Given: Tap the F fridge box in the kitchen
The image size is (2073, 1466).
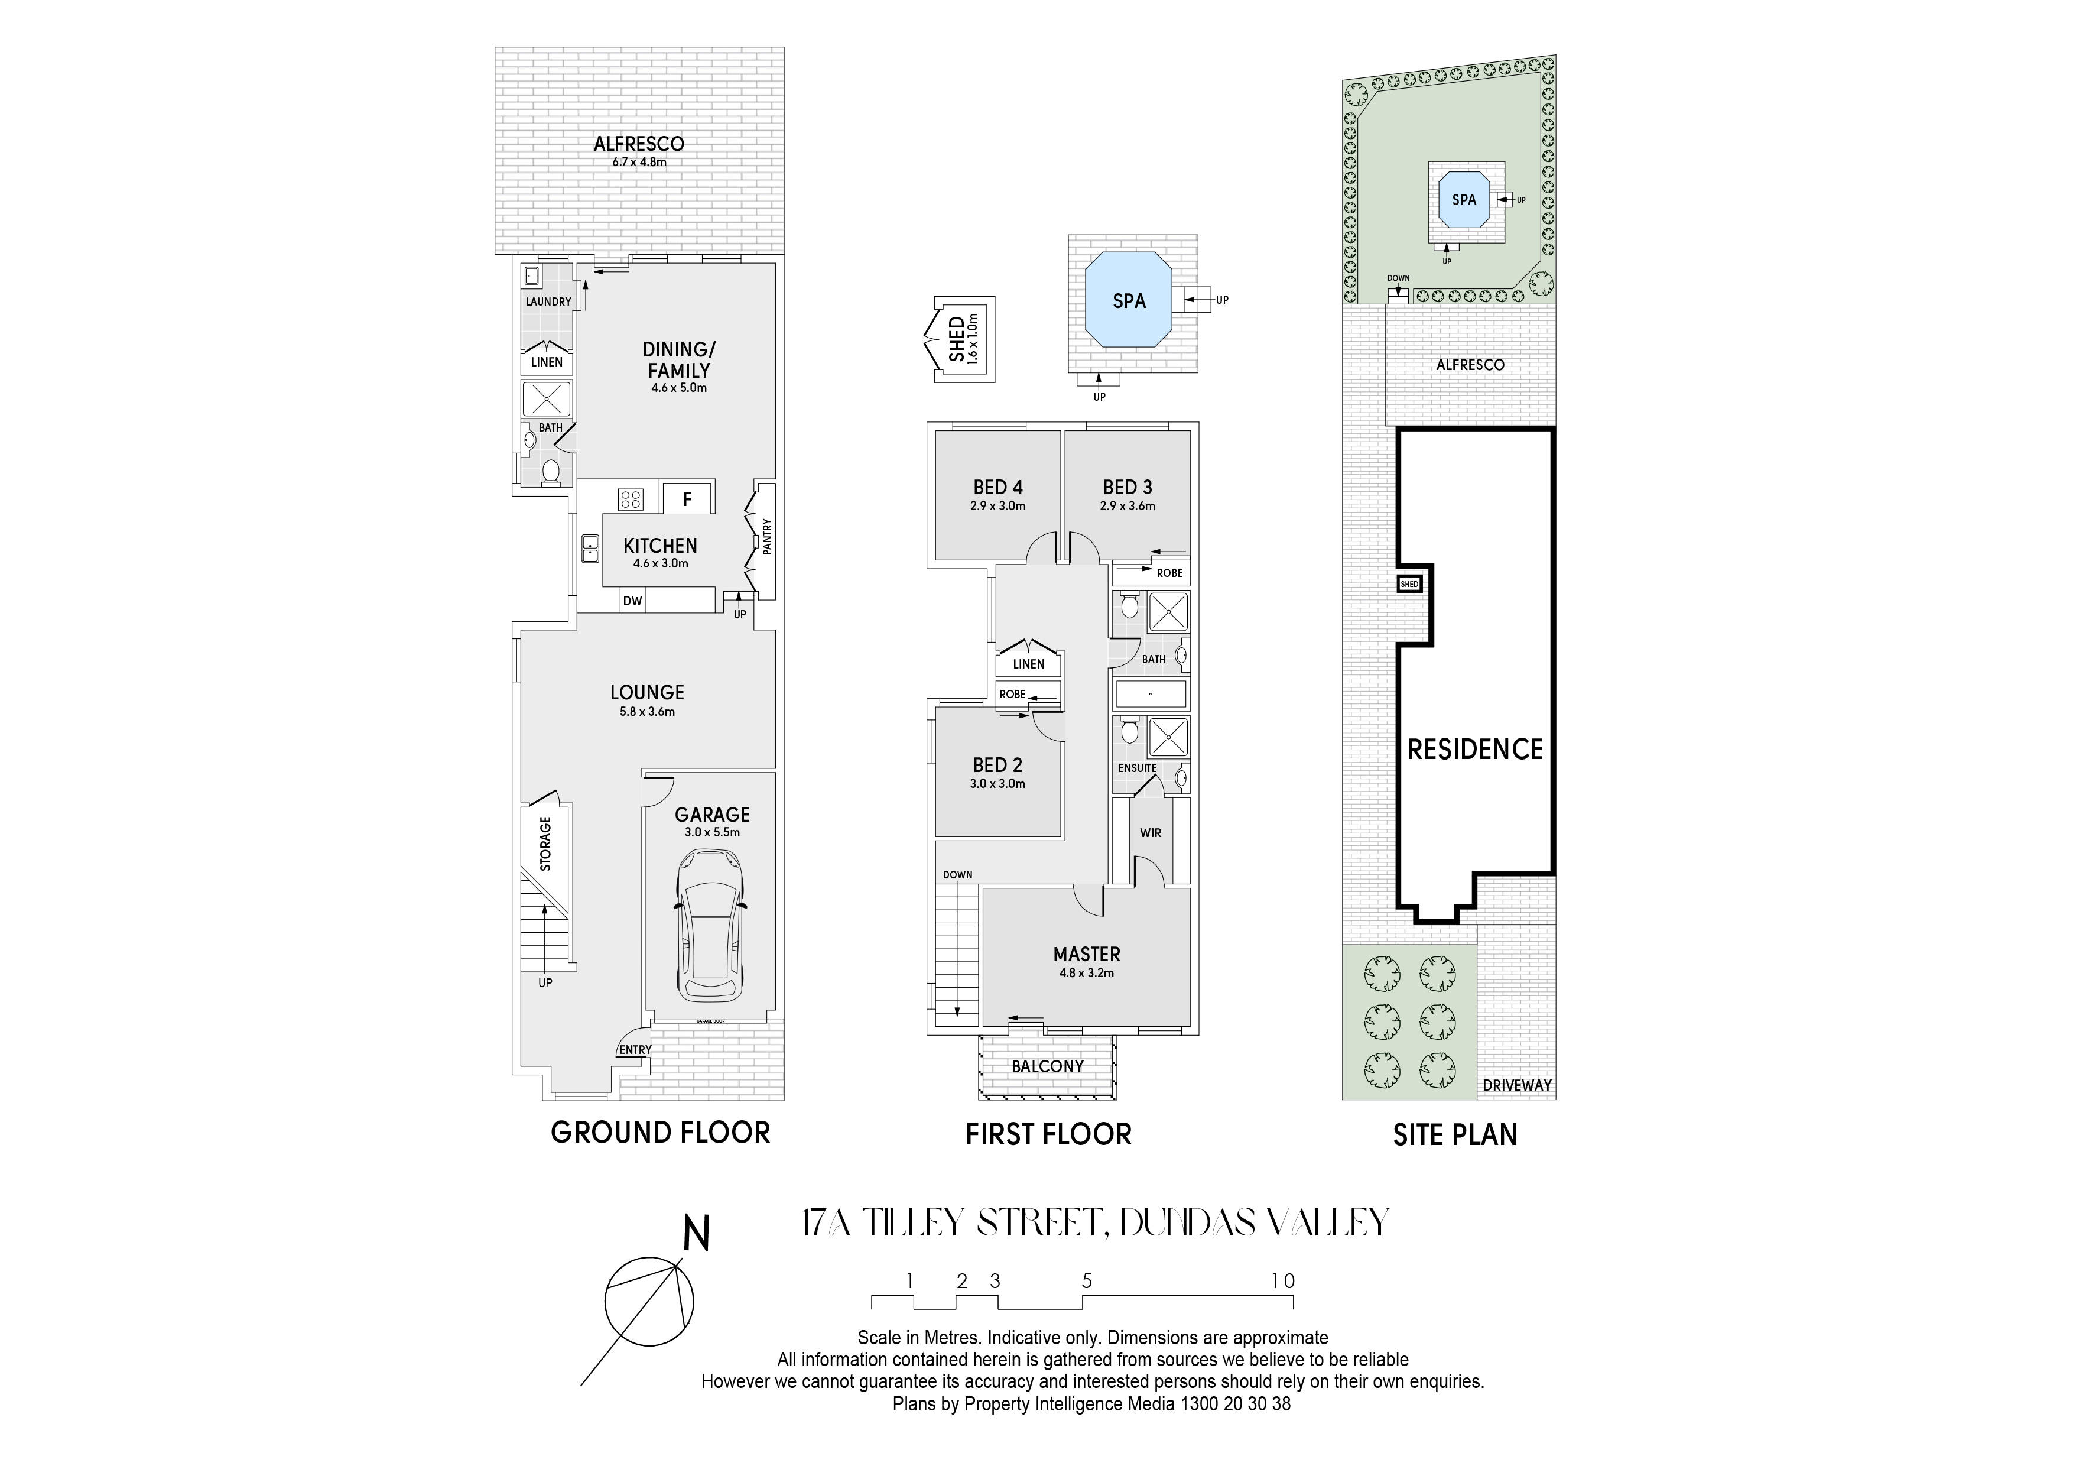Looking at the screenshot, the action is [688, 498].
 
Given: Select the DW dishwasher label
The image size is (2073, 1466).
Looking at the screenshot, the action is [632, 601].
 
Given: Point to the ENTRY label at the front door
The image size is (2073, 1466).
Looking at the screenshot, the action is [635, 1050].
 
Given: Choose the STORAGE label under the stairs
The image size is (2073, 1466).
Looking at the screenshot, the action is [545, 844].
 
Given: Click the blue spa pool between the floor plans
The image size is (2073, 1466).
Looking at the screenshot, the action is [1129, 301].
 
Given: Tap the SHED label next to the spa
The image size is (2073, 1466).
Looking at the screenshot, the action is [956, 339].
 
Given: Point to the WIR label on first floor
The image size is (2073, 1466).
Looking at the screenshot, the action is [1151, 833].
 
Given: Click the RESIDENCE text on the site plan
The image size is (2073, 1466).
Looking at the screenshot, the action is [1476, 749].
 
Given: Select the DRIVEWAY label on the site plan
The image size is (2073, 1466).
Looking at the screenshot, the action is [1517, 1085].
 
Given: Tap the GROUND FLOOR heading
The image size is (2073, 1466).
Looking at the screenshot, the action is [660, 1133].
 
